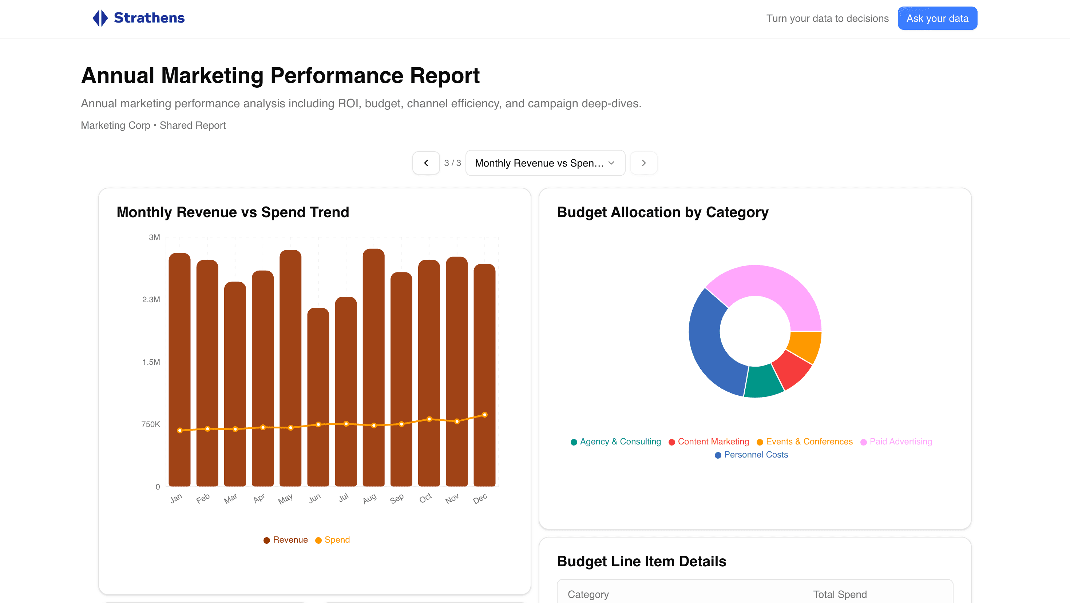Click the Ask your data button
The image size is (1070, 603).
[937, 18]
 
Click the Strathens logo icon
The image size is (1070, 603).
[100, 18]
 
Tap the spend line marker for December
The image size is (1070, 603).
[485, 415]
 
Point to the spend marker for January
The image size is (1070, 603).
[179, 430]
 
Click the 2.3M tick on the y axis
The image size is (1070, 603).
[151, 299]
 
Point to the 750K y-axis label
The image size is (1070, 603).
[150, 424]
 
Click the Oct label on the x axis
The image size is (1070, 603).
[425, 498]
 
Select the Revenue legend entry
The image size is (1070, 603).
[286, 539]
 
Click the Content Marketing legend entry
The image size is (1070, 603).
[709, 442]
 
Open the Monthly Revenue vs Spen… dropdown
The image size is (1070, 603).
[545, 163]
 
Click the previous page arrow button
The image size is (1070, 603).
[426, 163]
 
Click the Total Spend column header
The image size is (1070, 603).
[840, 594]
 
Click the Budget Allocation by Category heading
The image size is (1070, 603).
[662, 212]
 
